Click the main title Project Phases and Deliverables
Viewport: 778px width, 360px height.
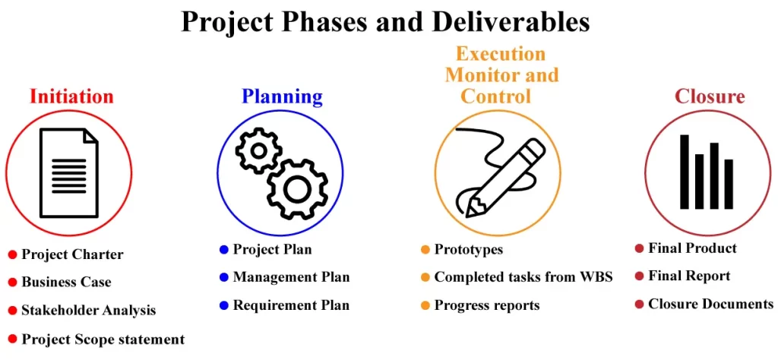pos(385,21)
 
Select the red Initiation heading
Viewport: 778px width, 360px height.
pos(71,96)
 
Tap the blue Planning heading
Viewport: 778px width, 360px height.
pos(282,96)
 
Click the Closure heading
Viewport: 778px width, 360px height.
pos(710,96)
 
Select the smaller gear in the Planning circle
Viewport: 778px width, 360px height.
pos(258,150)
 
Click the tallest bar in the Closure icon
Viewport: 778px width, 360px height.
pos(684,172)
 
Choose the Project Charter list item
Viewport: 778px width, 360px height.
pos(72,254)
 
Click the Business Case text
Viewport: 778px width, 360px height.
pos(66,282)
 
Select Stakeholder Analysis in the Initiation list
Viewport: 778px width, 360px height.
pos(88,310)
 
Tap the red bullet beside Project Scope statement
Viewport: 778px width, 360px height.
pos(12,339)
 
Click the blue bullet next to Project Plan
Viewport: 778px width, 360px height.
pos(223,249)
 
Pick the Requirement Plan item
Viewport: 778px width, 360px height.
pos(291,305)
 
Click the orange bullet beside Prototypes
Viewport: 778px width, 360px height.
pos(425,249)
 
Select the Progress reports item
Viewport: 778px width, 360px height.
pos(486,305)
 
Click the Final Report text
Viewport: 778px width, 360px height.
pos(688,276)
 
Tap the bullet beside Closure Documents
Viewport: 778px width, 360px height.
pos(639,304)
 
